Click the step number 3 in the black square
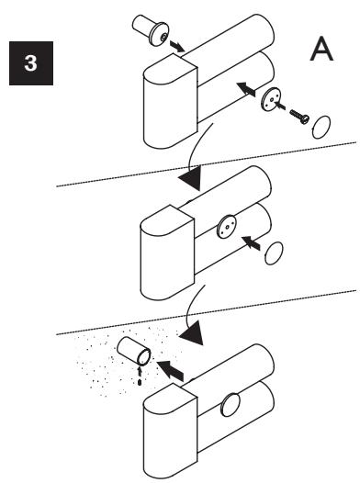[31, 63]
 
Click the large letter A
[321, 49]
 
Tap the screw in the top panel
[299, 117]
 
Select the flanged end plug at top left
[151, 30]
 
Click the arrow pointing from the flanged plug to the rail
[176, 46]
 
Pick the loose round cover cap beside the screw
[321, 128]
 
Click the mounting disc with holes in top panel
[271, 99]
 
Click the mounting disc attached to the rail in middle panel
[226, 227]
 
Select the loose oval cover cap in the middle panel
[274, 253]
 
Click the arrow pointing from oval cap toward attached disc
[251, 242]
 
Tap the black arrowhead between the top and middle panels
[190, 178]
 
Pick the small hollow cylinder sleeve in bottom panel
[134, 351]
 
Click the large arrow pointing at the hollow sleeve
[170, 370]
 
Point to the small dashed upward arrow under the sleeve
[140, 376]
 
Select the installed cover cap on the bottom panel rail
[231, 405]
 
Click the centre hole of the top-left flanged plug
[163, 38]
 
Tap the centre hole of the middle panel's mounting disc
[227, 227]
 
